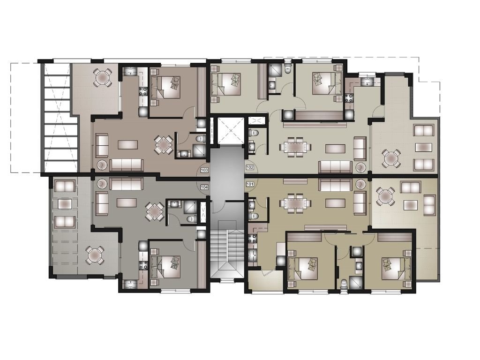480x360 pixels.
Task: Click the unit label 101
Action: tap(250, 184)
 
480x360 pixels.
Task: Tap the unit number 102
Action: tap(250, 167)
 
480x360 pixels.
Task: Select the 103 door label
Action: tap(204, 170)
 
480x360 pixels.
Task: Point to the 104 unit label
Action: tap(204, 187)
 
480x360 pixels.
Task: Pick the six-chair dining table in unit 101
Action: tap(295, 203)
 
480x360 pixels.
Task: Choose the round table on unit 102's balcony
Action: tap(391, 158)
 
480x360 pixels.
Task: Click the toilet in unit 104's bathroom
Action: tap(191, 219)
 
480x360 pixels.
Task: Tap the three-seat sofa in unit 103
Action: tap(127, 165)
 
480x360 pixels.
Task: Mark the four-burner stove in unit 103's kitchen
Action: tap(142, 91)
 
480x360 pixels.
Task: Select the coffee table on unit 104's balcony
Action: tap(65, 203)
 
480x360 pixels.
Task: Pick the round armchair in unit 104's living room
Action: tap(101, 184)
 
